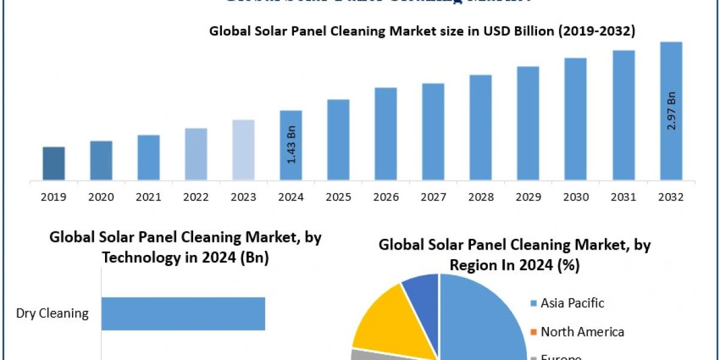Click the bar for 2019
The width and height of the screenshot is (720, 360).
54,163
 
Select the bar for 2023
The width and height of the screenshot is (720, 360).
244,150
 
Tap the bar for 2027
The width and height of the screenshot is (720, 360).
433,131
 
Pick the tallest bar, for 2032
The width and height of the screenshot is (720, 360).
671,111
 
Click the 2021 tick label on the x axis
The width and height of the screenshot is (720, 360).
149,197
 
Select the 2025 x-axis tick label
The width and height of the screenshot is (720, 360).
339,197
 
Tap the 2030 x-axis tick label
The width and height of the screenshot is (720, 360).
576,197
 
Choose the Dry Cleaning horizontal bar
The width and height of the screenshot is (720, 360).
183,313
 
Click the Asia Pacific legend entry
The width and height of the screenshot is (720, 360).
572,303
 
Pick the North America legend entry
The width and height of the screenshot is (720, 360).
582,332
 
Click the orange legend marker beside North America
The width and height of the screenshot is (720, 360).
533,332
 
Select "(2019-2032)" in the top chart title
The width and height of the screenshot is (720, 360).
596,32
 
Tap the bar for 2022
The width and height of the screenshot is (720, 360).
196,154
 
